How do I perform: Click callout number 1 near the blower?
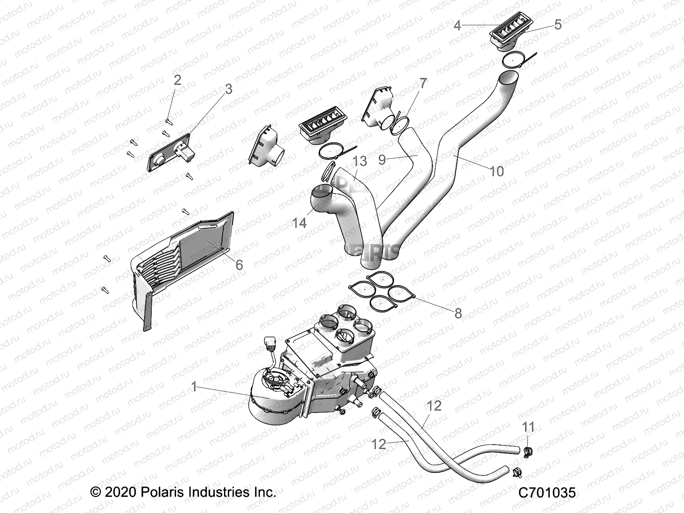(x=194, y=387)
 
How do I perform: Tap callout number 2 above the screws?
(x=177, y=80)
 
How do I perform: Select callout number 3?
(x=228, y=89)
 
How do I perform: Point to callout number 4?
(x=457, y=26)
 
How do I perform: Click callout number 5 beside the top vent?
(x=557, y=24)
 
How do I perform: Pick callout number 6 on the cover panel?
(x=239, y=265)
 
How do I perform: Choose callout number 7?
(x=423, y=83)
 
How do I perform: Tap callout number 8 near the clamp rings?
(x=458, y=313)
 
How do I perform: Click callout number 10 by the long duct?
(x=496, y=171)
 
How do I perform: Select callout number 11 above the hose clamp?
(x=528, y=427)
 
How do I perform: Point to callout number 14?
(x=299, y=223)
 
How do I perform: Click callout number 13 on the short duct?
(x=360, y=161)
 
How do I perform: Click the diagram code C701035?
(x=547, y=493)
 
